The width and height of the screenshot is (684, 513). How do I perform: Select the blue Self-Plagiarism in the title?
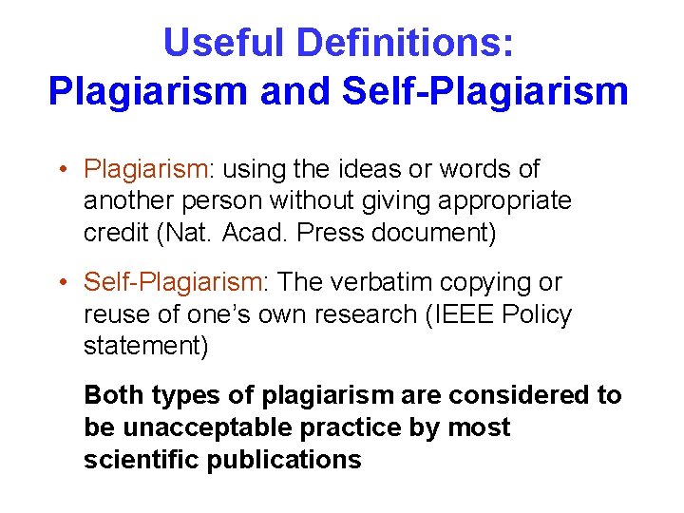pyautogui.click(x=484, y=91)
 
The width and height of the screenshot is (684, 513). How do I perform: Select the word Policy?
pyautogui.click(x=538, y=314)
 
